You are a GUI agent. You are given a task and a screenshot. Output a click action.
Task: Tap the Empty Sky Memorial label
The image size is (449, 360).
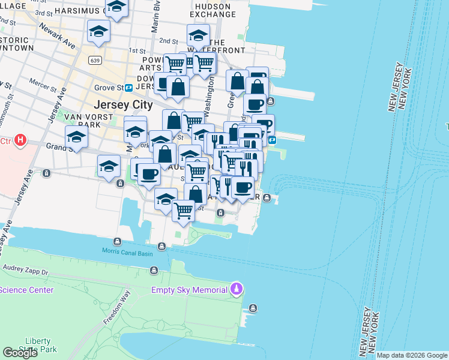click(189, 290)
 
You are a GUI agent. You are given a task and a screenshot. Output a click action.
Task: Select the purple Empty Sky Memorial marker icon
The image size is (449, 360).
click(237, 290)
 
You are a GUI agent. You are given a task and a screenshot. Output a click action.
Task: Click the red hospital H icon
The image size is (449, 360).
click(20, 141)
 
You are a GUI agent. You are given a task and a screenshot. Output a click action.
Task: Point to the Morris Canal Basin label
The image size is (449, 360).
click(127, 251)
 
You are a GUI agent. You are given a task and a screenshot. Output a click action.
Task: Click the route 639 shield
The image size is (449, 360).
click(94, 61)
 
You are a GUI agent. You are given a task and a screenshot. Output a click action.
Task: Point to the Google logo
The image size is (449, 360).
click(20, 353)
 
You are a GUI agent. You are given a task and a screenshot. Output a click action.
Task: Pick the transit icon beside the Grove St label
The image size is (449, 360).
click(128, 88)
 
